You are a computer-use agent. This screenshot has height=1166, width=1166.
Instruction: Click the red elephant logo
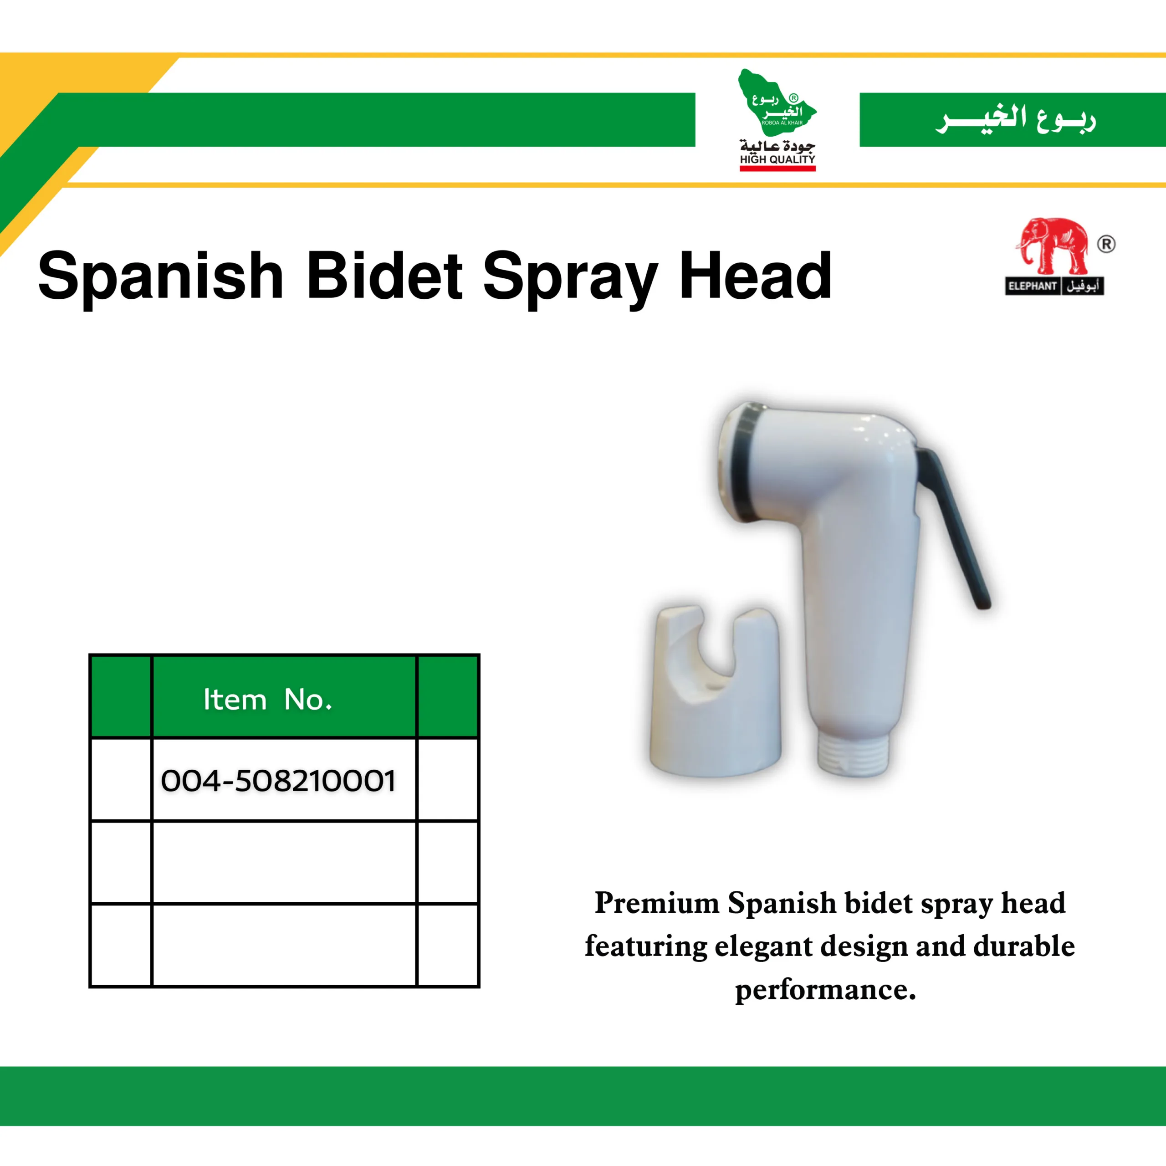tap(1053, 246)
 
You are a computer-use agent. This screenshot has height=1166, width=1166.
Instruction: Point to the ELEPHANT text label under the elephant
tap(1032, 286)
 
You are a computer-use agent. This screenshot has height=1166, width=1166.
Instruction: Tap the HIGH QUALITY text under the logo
tap(777, 159)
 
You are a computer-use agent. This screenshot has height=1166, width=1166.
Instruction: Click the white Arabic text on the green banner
tap(1016, 119)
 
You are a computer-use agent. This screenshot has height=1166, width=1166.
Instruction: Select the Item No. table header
tap(268, 700)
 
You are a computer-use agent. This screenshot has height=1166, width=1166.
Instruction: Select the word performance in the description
tap(825, 990)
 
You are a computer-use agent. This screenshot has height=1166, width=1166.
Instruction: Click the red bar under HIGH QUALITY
tap(777, 169)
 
